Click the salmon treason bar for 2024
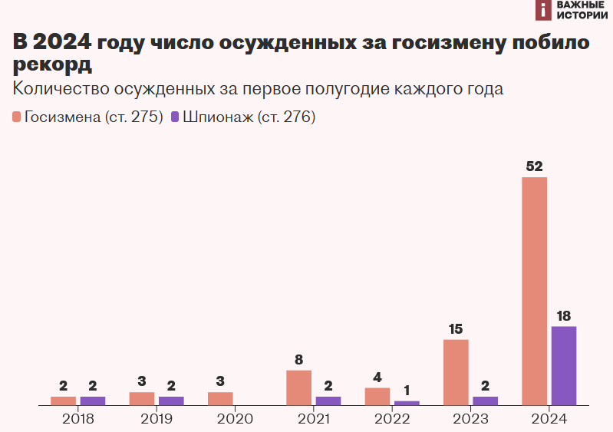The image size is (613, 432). pos(534,291)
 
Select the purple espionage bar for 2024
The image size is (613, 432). pos(563,365)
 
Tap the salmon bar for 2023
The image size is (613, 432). pos(456,372)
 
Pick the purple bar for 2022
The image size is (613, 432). pos(407,402)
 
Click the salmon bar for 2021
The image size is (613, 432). pos(298,387)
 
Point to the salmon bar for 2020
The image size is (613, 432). pos(220,398)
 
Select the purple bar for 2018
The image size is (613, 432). pos(93,401)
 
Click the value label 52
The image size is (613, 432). pos(534,167)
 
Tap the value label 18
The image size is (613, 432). pos(563,315)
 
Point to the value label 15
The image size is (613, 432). pos(456,329)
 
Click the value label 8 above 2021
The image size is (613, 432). pos(298,359)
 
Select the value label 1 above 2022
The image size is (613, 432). pos(407,391)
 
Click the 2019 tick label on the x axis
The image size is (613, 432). pos(157,419)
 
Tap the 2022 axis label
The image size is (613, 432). pos(392,419)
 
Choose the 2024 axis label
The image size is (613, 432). pos(549,419)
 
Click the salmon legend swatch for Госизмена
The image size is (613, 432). pos(17,117)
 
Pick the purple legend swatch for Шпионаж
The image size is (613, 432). pos(175,117)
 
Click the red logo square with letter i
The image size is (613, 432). pos(543,10)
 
